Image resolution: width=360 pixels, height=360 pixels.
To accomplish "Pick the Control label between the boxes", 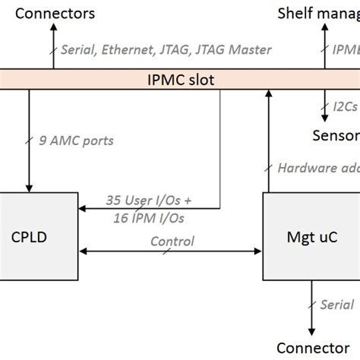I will pyautogui.click(x=172, y=242).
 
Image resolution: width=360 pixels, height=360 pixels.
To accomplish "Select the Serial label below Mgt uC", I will pyautogui.click(x=337, y=304).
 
